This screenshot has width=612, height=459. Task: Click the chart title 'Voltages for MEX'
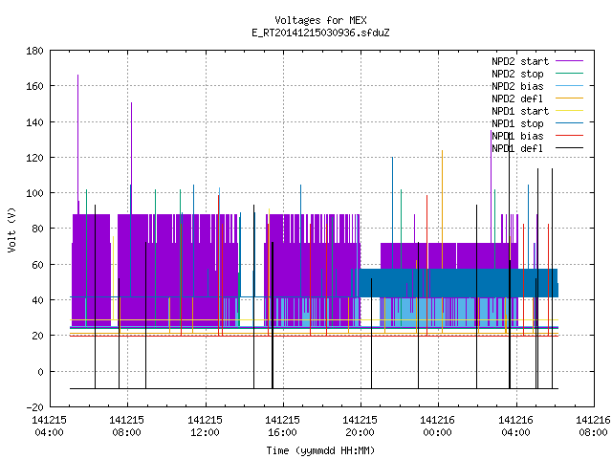[x=320, y=20]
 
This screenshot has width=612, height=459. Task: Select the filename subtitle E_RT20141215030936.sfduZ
[x=320, y=33]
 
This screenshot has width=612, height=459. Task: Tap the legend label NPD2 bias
[x=517, y=86]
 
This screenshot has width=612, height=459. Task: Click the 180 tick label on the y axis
[x=34, y=51]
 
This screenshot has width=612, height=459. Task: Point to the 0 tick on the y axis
[x=40, y=372]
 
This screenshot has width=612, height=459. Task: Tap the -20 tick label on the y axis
[x=34, y=407]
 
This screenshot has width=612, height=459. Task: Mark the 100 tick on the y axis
[x=34, y=193]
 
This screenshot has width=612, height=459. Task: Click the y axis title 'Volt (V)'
[x=11, y=229]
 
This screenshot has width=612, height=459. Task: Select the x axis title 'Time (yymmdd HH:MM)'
[x=320, y=450]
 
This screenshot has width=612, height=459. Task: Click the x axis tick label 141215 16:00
[x=282, y=426]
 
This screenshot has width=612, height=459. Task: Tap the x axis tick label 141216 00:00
[x=437, y=426]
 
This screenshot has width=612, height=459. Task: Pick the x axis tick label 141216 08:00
[x=593, y=426]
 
